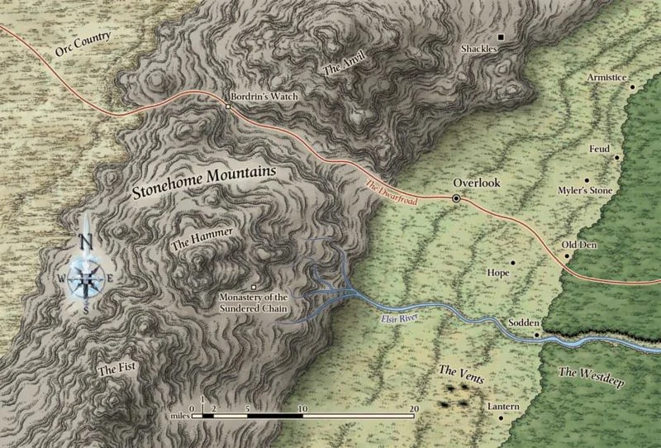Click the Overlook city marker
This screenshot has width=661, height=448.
pos(455,198)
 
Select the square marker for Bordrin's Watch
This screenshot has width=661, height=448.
pos(229,107)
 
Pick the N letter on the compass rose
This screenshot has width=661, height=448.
pos(85,241)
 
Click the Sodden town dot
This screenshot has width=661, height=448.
pos(536,335)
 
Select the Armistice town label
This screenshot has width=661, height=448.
pos(606,75)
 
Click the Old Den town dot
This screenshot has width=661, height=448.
pos(567,256)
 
